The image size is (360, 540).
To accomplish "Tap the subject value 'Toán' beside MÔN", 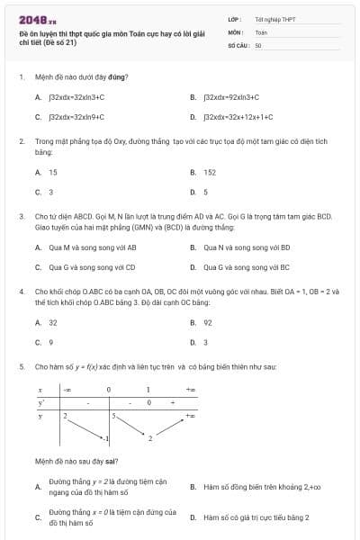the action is click(261, 31).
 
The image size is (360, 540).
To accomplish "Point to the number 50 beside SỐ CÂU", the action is click(258, 44).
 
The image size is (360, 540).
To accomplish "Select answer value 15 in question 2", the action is click(53, 172).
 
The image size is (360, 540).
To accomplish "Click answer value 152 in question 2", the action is click(210, 172).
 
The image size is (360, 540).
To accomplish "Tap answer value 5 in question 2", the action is click(206, 193).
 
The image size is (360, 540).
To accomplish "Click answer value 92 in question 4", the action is click(208, 321).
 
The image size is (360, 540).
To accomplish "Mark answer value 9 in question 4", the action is click(51, 342).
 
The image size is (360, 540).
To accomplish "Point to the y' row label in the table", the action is click(40, 402).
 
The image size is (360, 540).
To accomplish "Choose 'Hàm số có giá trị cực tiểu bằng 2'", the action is click(256, 517).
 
